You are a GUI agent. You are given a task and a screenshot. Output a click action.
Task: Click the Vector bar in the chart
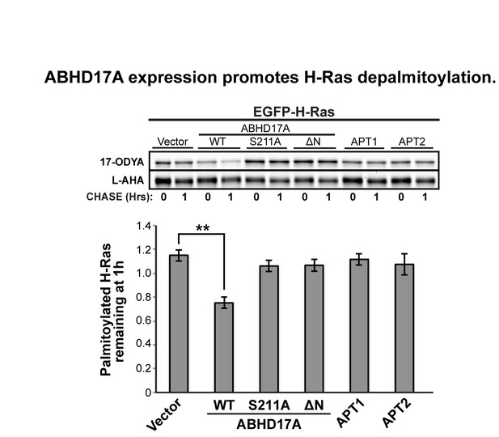click(x=179, y=323)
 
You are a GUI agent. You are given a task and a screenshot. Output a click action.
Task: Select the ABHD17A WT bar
click(x=224, y=347)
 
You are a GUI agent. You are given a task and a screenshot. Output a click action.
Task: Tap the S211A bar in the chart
click(x=269, y=329)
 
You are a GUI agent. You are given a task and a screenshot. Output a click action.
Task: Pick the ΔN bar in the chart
click(x=314, y=329)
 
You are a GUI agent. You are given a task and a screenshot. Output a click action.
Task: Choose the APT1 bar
click(x=359, y=325)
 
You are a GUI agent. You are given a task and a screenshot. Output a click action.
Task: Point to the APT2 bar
click(x=404, y=328)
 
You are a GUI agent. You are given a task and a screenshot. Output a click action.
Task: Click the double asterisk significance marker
click(x=203, y=229)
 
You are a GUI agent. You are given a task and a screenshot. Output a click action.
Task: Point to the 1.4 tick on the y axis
click(x=143, y=226)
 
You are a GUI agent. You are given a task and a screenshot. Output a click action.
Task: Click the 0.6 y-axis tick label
click(x=143, y=320)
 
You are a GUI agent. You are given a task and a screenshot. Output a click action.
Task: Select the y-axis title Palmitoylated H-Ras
click(x=106, y=310)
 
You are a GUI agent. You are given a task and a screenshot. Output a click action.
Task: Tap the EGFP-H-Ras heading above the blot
click(x=294, y=112)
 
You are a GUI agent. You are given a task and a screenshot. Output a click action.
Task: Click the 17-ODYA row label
click(x=122, y=162)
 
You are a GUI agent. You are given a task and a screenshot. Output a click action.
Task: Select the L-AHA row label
click(x=128, y=180)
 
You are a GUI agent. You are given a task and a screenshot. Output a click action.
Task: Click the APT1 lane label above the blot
click(x=364, y=142)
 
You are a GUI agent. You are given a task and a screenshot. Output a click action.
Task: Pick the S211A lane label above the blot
click(x=265, y=142)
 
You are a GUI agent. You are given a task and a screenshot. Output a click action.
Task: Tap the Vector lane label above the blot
click(x=172, y=142)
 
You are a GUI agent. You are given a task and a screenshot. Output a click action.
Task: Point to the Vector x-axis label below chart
click(x=164, y=414)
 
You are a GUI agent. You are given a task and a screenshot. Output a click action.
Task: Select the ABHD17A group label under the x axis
click(x=269, y=424)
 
